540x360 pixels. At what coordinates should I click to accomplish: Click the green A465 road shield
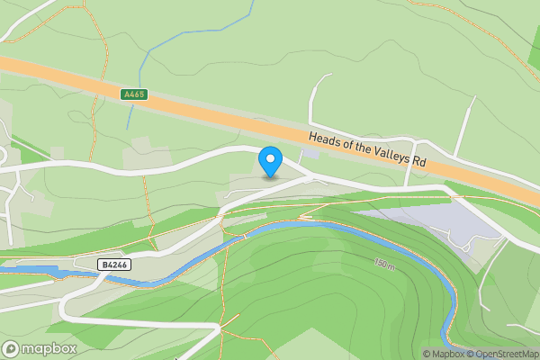point(133,94)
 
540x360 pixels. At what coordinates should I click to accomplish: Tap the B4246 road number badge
point(113,265)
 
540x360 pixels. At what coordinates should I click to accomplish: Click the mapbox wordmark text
point(49,349)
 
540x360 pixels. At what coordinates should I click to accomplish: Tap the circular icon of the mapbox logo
point(11,349)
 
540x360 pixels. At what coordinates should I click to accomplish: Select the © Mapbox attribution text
point(444,354)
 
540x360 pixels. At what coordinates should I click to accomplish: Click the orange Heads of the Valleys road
point(225,112)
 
